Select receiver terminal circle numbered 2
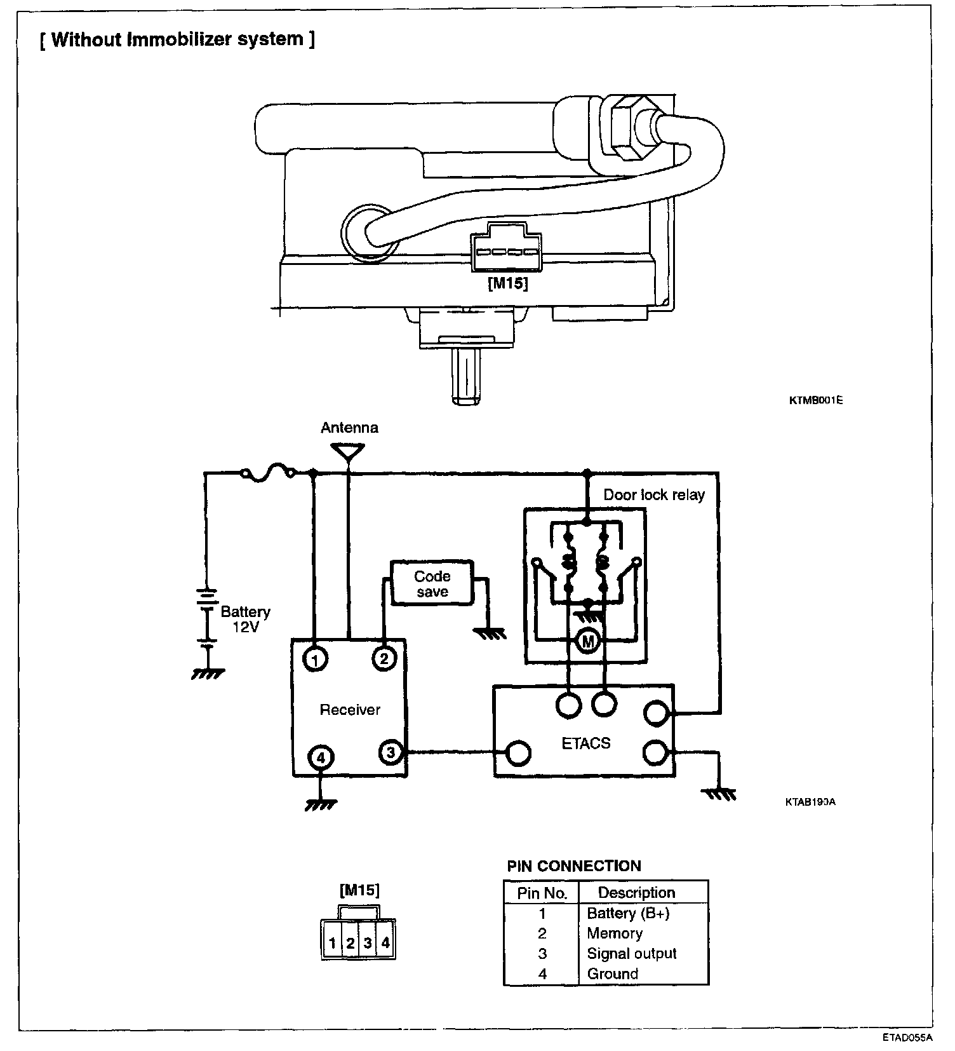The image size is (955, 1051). tap(384, 659)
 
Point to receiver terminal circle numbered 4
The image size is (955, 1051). tap(321, 757)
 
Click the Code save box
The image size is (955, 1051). tap(432, 583)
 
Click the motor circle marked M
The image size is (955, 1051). tap(587, 642)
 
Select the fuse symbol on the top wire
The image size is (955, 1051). tap(267, 473)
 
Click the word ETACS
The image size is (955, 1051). tap(585, 743)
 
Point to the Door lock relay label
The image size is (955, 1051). tap(653, 495)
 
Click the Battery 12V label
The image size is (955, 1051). tap(245, 619)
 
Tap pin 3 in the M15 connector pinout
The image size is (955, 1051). tap(368, 943)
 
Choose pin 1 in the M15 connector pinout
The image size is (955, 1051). tap(332, 943)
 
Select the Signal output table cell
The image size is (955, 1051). tap(631, 953)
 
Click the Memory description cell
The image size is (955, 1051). tap(614, 933)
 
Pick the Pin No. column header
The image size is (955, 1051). tap(542, 893)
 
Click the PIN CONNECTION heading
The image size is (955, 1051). tap(574, 865)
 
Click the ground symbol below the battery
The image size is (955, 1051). tap(208, 672)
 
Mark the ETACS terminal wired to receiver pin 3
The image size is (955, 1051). tap(518, 752)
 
